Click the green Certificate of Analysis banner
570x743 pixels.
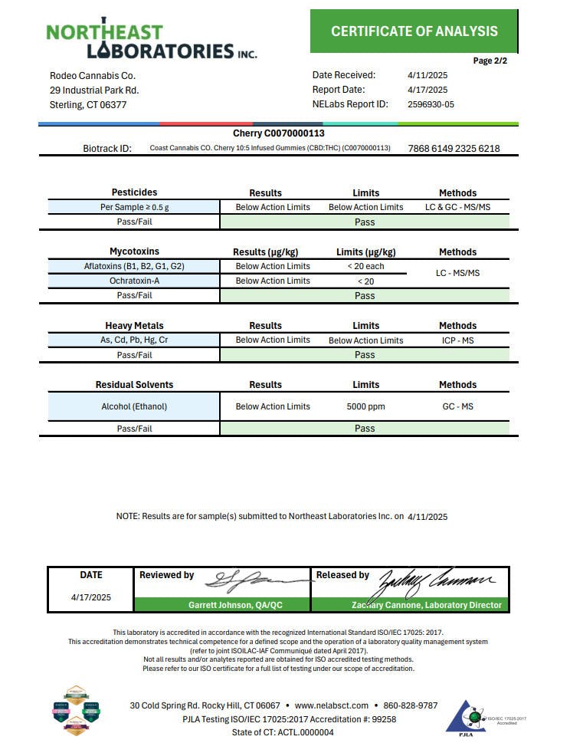point(414,31)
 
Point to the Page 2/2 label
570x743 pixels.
point(490,61)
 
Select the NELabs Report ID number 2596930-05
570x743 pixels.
point(431,104)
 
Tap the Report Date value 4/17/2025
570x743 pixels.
point(427,90)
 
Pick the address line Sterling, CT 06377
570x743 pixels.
point(88,105)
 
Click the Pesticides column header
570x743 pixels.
point(134,192)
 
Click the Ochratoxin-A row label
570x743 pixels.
point(134,281)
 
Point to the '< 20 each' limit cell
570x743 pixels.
point(365,266)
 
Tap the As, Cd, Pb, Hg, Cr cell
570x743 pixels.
point(134,340)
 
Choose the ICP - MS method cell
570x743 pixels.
point(457,340)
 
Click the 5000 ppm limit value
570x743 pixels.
point(365,406)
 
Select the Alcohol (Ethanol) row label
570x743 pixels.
point(134,406)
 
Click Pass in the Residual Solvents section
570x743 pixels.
point(365,429)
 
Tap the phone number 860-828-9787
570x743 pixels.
point(410,705)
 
